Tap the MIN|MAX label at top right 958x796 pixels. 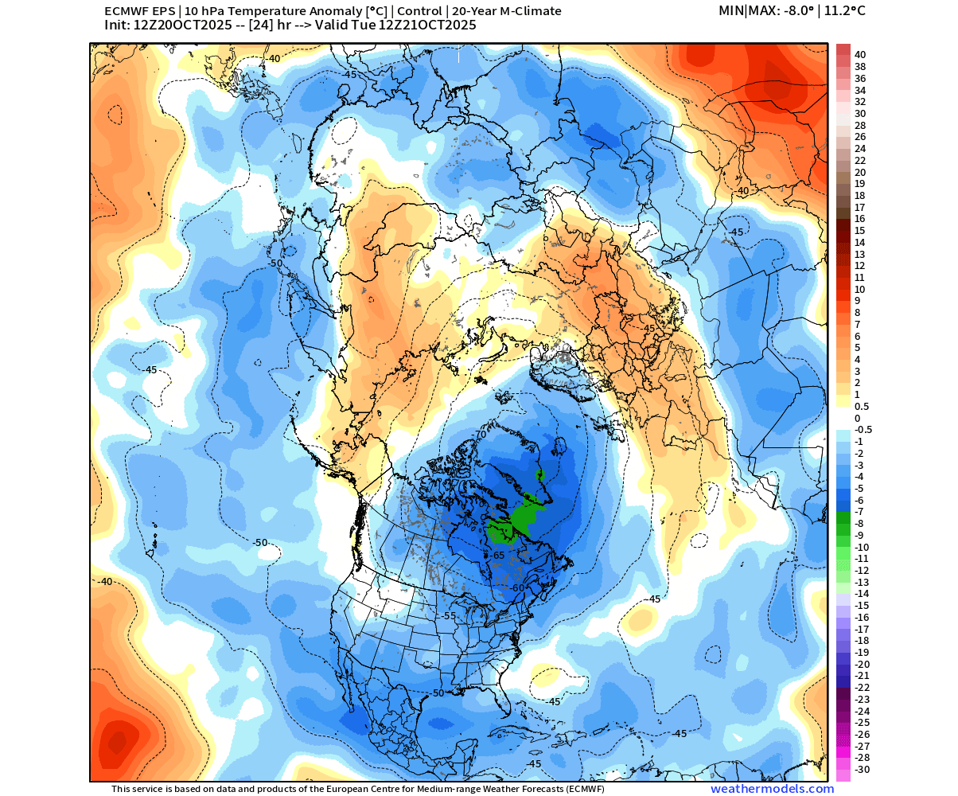point(747,11)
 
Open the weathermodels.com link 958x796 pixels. point(772,789)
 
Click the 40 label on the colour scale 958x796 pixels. point(860,55)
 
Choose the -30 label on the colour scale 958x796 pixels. point(863,770)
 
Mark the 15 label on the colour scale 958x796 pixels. point(860,230)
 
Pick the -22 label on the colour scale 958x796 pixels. point(863,688)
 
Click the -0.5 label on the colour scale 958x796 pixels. point(863,429)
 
